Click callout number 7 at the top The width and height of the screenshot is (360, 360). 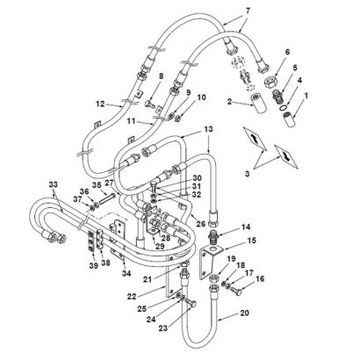(x=248, y=11)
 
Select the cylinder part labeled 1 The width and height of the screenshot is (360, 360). (x=289, y=119)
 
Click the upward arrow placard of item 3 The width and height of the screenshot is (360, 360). (x=255, y=139)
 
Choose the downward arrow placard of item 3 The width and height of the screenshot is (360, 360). (x=287, y=156)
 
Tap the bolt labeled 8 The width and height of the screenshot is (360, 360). (x=150, y=104)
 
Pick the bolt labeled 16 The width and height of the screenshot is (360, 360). (x=235, y=291)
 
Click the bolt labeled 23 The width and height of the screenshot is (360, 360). (x=190, y=304)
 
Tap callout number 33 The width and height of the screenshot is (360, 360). (x=54, y=185)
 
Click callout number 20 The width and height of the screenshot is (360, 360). (x=244, y=313)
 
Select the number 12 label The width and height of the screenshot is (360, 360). (x=100, y=104)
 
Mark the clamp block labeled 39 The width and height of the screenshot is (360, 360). (x=92, y=241)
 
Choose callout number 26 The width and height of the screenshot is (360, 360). (x=201, y=225)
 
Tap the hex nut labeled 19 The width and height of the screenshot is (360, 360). (x=213, y=277)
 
